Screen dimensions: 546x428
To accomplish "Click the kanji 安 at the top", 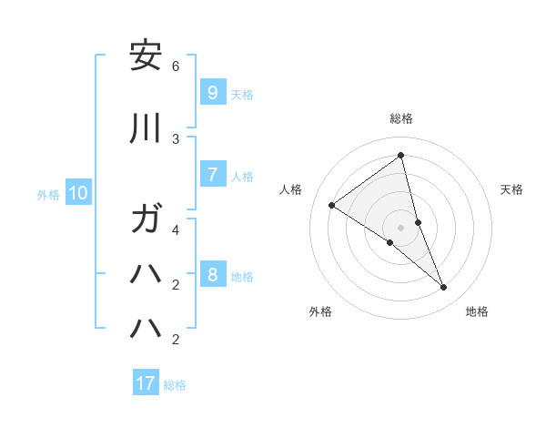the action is (145, 57).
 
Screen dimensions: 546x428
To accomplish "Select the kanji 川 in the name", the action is (145, 129).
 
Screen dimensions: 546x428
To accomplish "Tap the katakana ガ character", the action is (145, 220).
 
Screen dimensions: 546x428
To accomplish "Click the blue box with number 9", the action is (212, 92).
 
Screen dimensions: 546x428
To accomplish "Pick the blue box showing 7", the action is (212, 174).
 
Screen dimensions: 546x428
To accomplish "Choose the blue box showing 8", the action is (212, 275).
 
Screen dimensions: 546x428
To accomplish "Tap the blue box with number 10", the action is (78, 192).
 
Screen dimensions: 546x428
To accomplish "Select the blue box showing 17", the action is (146, 383).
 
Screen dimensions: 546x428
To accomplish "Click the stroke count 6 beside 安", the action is (176, 66).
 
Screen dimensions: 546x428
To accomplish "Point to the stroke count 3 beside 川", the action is (176, 138).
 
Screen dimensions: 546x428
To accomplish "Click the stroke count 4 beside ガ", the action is (176, 229).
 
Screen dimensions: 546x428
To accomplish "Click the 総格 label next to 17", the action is (175, 385).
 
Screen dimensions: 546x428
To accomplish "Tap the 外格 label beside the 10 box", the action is (48, 194).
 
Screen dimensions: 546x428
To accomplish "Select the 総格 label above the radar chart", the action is (400, 118).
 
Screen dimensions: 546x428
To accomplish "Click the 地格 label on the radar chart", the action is (477, 311).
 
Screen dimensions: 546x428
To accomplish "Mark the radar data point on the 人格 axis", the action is (332, 205).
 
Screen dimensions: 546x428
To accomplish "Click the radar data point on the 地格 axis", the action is (444, 287).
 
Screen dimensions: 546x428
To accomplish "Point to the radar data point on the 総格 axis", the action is (400, 156).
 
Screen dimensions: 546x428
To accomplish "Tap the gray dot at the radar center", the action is (400, 227).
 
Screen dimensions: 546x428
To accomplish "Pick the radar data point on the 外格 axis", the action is (389, 242).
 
